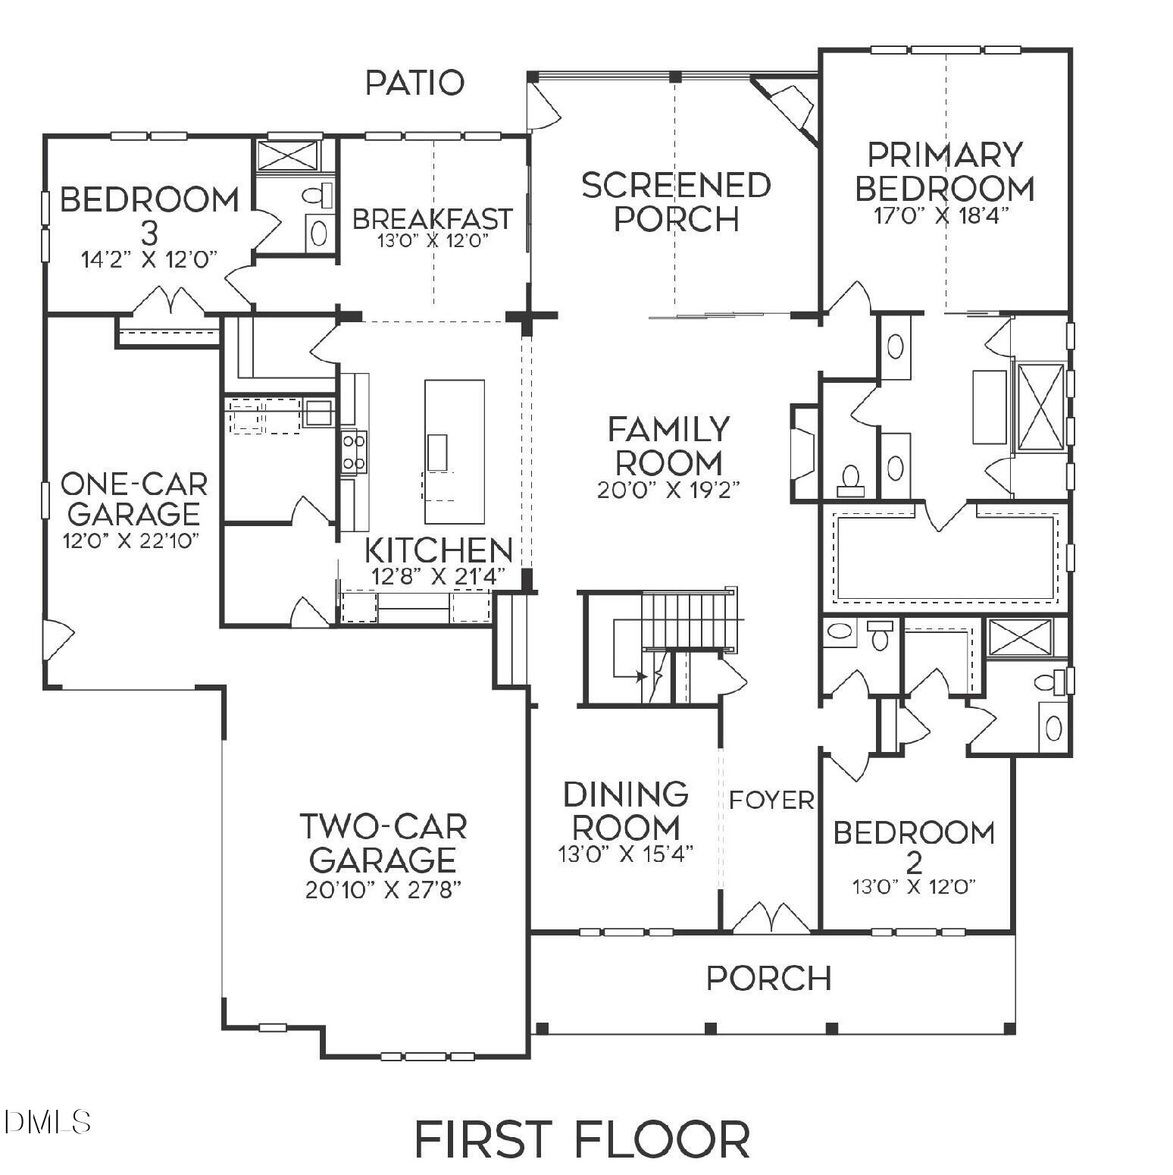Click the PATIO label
pyautogui.click(x=414, y=83)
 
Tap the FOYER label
pyautogui.click(x=771, y=800)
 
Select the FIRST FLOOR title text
pyautogui.click(x=582, y=1139)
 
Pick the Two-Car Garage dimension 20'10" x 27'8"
pyautogui.click(x=383, y=889)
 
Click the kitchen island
pyautogui.click(x=454, y=452)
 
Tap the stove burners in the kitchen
pyautogui.click(x=353, y=451)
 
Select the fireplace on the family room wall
pyautogui.click(x=802, y=453)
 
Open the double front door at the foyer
pyautogui.click(x=771, y=918)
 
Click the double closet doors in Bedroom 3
pyautogui.click(x=168, y=301)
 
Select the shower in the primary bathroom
pyautogui.click(x=1039, y=407)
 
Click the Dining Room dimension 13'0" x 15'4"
pyautogui.click(x=626, y=854)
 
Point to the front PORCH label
pyautogui.click(x=768, y=979)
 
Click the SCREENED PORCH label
pyautogui.click(x=675, y=202)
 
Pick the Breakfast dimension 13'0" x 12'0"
pyautogui.click(x=432, y=241)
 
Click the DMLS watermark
pyautogui.click(x=47, y=1121)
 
